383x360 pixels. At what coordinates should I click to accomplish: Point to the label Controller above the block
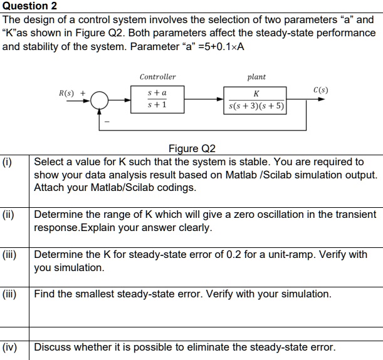click(x=157, y=77)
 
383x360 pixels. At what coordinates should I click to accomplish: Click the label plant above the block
click(x=256, y=77)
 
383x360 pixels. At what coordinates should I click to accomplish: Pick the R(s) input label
click(x=66, y=93)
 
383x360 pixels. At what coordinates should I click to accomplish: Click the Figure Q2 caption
click(x=192, y=149)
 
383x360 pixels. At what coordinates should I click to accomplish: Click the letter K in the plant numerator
click(x=256, y=93)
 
